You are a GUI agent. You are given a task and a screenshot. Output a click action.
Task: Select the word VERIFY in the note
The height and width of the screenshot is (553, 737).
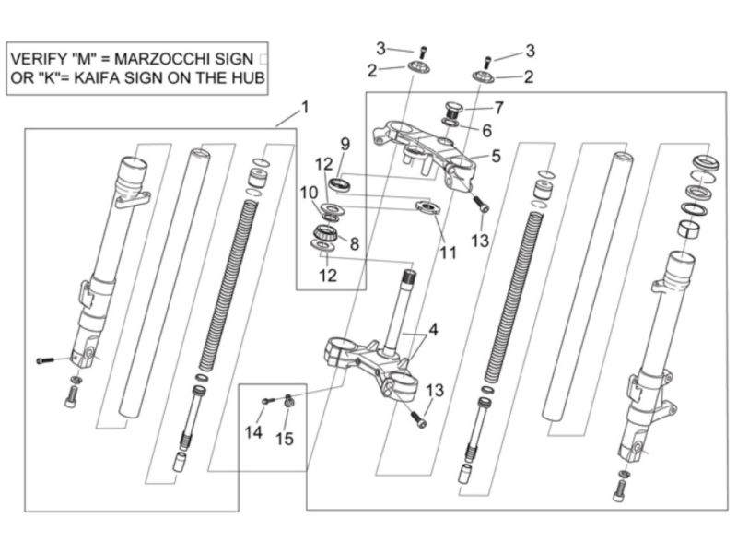tap(37, 59)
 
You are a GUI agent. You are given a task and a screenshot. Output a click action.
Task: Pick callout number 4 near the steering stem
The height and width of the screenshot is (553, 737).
tap(433, 329)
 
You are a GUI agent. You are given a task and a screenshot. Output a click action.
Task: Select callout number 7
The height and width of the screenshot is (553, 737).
tap(497, 107)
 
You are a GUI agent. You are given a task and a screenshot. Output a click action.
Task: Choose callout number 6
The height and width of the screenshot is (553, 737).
tap(487, 130)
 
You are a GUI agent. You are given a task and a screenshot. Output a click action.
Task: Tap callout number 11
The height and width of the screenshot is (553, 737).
tap(448, 252)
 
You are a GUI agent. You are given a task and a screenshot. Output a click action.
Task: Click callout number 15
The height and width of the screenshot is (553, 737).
tap(286, 439)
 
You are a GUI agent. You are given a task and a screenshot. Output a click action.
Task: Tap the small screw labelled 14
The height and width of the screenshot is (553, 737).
tap(268, 400)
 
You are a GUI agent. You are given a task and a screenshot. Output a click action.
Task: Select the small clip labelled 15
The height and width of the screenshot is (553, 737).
tap(288, 399)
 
